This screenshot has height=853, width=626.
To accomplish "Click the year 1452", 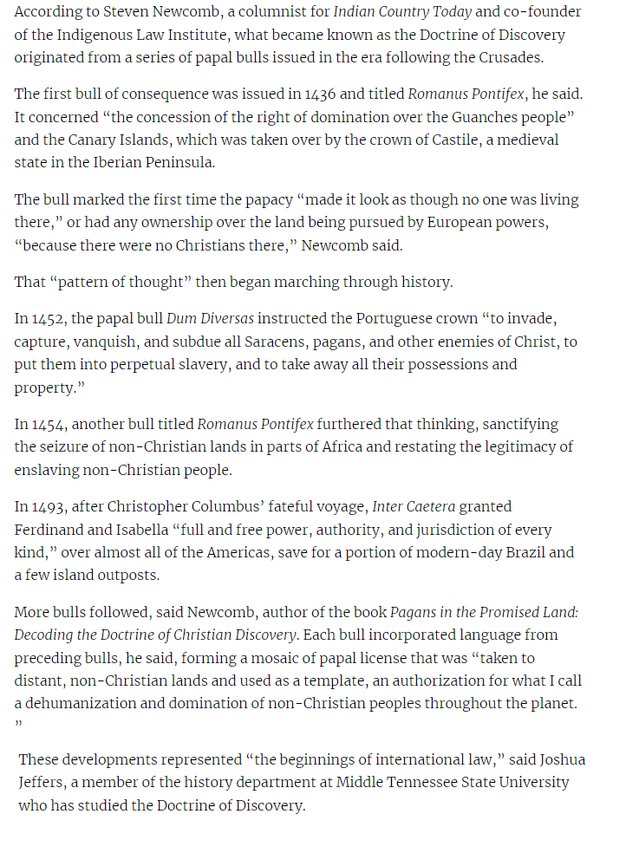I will click(47, 319).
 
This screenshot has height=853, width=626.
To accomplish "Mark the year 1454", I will click(48, 424).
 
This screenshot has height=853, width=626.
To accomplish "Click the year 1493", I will click(48, 506).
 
